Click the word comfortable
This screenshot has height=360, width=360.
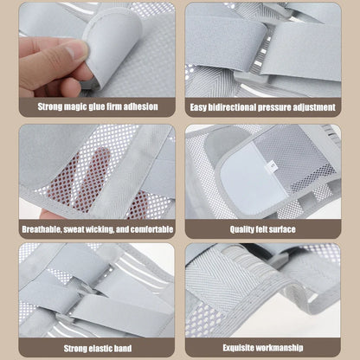151,229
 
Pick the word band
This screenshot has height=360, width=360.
124,348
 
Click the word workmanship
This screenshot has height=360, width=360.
279,348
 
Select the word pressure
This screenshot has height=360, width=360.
274,107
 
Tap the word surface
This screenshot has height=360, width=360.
283,229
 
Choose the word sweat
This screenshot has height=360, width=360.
74,229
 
